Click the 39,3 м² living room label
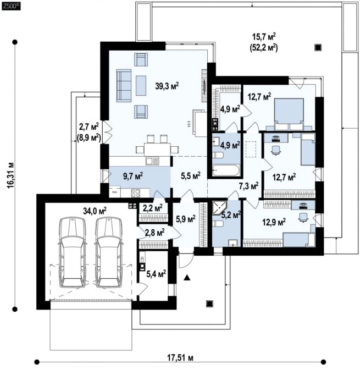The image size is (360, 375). (167, 86)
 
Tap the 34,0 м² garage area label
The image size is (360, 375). (95, 211)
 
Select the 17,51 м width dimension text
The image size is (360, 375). (180, 358)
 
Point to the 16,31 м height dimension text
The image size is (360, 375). (10, 175)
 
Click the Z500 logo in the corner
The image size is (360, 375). (11, 6)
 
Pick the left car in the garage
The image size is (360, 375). (73, 252)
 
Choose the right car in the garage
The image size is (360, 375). (109, 252)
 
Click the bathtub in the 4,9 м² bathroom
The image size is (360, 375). (226, 170)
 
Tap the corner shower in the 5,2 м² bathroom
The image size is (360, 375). (220, 208)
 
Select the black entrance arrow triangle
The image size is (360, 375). (187, 278)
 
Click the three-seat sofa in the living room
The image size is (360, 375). (124, 85)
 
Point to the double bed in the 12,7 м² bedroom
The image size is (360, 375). (289, 114)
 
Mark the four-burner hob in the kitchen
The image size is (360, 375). (136, 193)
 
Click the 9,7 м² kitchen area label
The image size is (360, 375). (133, 177)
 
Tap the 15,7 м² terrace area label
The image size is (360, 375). (264, 37)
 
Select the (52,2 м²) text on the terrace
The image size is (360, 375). (264, 48)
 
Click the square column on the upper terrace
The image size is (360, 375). (318, 48)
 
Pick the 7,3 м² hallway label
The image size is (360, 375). (248, 186)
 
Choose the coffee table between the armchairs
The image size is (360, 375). (141, 85)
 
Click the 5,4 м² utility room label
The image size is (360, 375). (156, 274)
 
